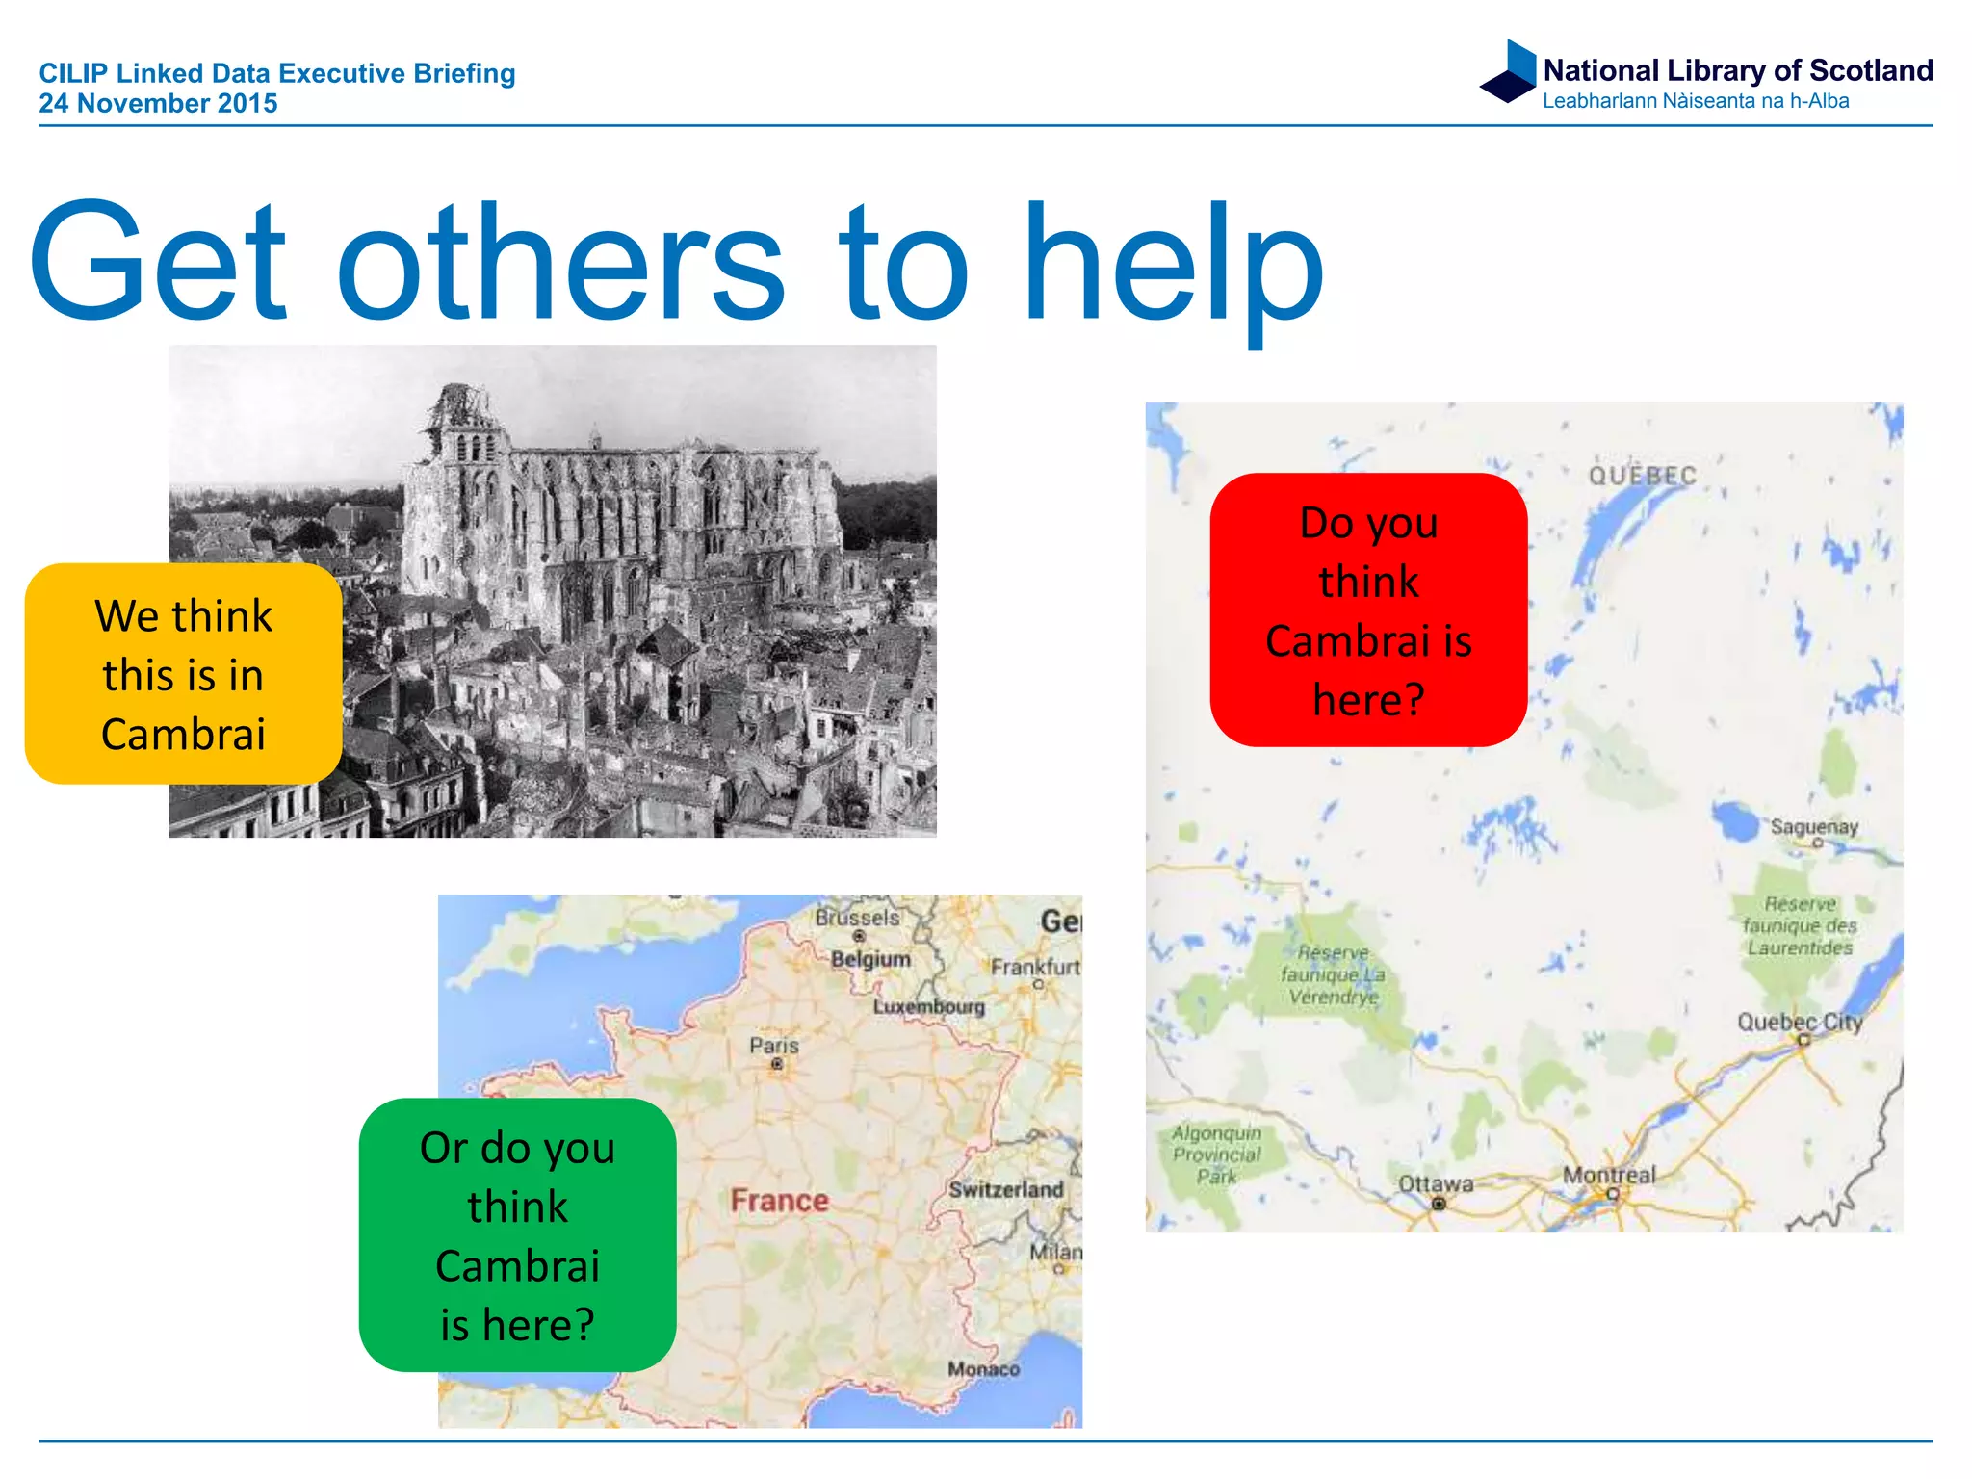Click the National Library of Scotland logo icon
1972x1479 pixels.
coord(1510,71)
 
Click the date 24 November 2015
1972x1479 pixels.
coord(158,104)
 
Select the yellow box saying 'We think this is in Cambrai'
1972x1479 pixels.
coord(183,674)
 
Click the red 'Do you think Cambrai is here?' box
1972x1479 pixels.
coord(1367,610)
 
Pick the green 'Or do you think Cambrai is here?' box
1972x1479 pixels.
coord(517,1235)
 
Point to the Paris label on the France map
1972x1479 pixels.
coord(774,1046)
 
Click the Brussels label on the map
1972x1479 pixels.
coord(857,918)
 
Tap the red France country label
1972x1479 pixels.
coord(779,1201)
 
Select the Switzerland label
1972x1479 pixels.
coord(1005,1190)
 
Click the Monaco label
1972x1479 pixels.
coord(982,1369)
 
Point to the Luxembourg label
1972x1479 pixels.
coord(929,1007)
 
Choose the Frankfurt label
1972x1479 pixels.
coord(1035,967)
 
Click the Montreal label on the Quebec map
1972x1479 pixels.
coord(1608,1176)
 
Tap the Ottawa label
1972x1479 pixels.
coord(1435,1184)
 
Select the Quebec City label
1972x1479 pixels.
coord(1799,1023)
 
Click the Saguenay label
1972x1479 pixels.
coord(1814,827)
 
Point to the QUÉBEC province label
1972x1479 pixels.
coord(1642,476)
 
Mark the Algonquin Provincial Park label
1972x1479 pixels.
coord(1216,1155)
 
